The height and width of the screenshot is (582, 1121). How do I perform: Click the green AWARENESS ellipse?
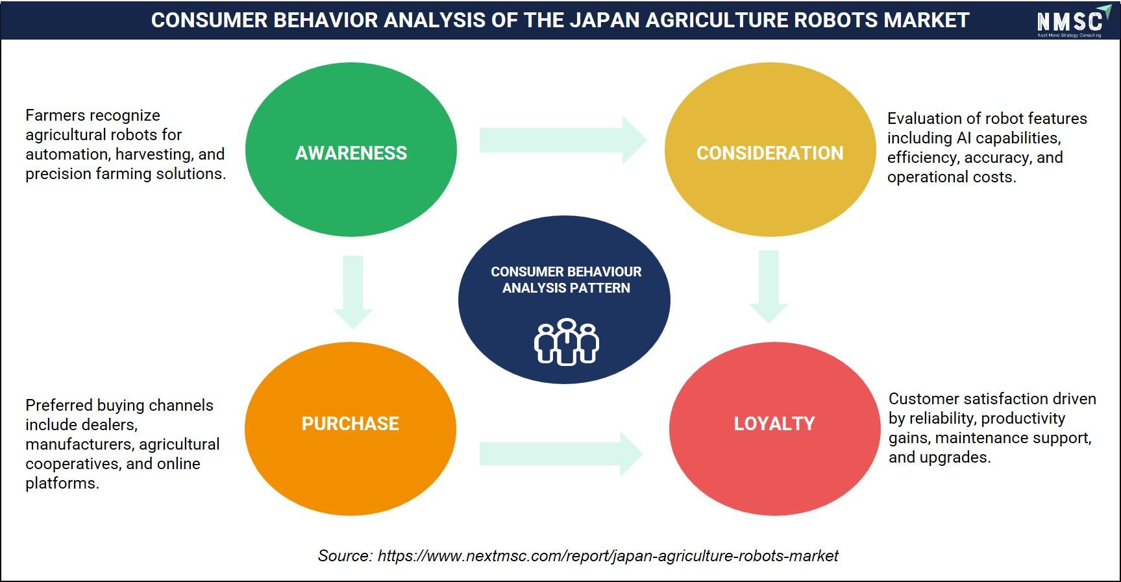pos(351,149)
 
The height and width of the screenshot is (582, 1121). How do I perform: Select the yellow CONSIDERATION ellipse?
pos(770,149)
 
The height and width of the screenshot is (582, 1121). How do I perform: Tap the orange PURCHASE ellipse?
pos(351,428)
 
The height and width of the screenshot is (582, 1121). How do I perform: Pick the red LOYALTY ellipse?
pos(775,428)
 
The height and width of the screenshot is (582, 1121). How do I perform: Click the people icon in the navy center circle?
pos(566,342)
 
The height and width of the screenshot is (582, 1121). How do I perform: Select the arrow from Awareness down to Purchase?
pos(353,292)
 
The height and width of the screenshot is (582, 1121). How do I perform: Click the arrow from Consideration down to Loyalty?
pos(769,287)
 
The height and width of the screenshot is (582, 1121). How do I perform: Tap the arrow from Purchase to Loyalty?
pos(561,454)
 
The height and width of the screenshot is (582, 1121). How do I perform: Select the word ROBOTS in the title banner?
pos(835,20)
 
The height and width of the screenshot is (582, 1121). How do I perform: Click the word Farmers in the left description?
pos(56,115)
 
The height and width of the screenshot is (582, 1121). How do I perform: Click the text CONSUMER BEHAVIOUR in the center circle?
pos(566,272)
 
